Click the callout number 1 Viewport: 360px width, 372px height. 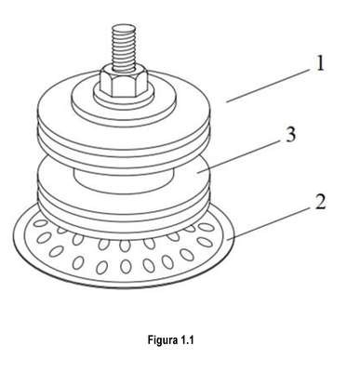pyautogui.click(x=319, y=63)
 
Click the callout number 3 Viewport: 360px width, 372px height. pyautogui.click(x=290, y=135)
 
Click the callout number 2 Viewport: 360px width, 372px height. pyautogui.click(x=320, y=202)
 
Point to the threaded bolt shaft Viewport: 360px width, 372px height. pyautogui.click(x=124, y=49)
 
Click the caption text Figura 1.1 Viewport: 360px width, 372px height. pyautogui.click(x=170, y=340)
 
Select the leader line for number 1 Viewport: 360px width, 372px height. pyautogui.click(x=269, y=86)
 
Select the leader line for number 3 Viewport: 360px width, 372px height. pyautogui.click(x=240, y=156)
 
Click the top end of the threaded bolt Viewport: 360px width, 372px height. pyautogui.click(x=124, y=27)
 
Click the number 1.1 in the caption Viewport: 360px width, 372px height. pyautogui.click(x=187, y=340)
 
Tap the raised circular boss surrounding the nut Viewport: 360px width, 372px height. pyautogui.click(x=124, y=100)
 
